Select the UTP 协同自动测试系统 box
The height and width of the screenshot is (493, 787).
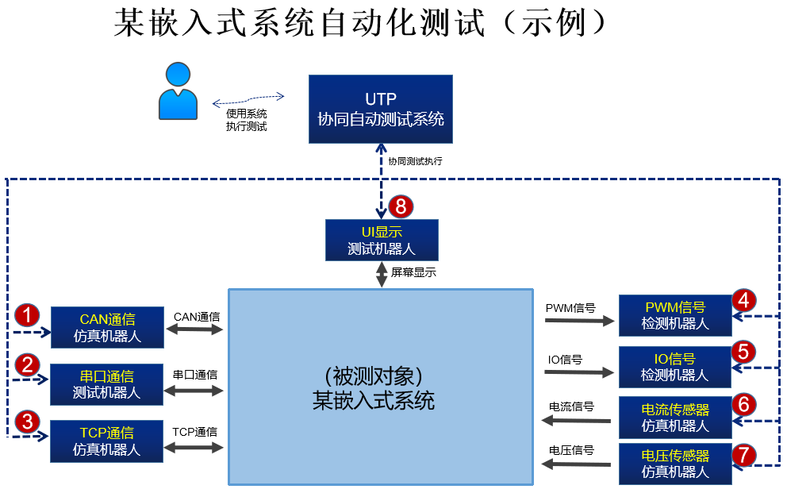(381, 109)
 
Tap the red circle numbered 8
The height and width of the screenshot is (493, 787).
(401, 207)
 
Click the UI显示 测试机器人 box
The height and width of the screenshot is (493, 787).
(382, 240)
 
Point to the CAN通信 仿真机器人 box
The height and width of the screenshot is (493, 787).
(107, 326)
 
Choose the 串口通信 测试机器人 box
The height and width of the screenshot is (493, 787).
(107, 383)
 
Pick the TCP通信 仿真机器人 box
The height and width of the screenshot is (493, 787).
(107, 441)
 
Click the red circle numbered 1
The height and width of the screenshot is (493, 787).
(29, 315)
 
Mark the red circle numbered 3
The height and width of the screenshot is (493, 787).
(29, 421)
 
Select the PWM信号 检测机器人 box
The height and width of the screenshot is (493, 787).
(675, 315)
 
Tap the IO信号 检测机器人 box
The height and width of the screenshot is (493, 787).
(675, 366)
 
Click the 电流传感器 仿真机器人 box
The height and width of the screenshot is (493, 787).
(675, 417)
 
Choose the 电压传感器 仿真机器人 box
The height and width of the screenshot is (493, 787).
(675, 464)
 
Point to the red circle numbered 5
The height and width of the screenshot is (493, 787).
(743, 351)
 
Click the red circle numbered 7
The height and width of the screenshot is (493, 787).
(743, 455)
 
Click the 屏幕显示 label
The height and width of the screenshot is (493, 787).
(413, 272)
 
